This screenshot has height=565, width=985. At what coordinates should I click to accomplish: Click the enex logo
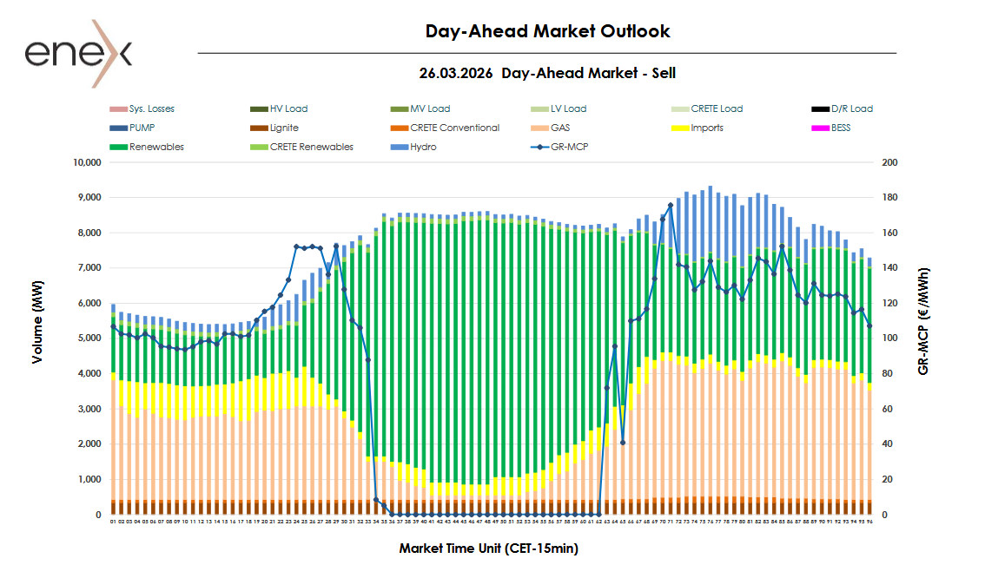pos(77,54)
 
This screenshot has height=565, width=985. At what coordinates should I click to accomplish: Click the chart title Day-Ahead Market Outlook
pos(547,31)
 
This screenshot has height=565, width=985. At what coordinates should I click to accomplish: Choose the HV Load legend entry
pos(288,108)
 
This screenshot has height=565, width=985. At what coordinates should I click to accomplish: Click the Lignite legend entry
pos(284,128)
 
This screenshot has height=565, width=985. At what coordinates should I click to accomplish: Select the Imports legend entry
pos(706,128)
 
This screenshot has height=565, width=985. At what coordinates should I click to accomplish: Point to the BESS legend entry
pos(841,128)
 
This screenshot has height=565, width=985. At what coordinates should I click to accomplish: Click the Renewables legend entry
pos(156,147)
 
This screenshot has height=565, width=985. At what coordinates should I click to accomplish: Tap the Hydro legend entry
pos(424,147)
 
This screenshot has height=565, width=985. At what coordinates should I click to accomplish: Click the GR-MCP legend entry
pos(569,147)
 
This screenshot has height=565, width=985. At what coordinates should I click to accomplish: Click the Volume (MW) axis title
pos(36,338)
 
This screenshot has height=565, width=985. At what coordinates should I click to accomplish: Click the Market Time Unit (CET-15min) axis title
pos(488,549)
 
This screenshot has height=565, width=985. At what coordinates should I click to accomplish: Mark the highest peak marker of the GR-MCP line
pos(671,206)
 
